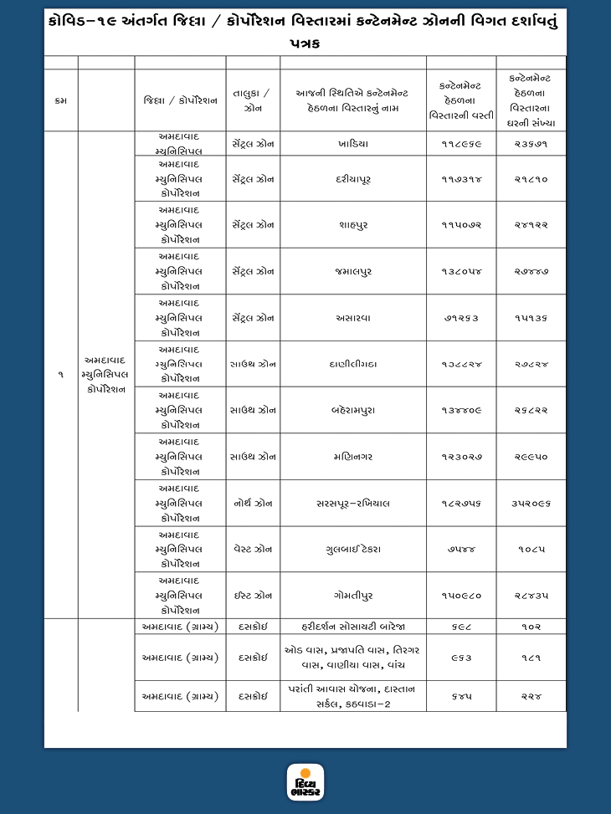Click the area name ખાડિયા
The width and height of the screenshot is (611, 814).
point(353,144)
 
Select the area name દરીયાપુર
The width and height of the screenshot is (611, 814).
point(353,179)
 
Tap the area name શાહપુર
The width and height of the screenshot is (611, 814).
point(353,225)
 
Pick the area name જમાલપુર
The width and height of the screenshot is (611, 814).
point(353,272)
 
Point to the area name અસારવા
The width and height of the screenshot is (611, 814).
point(353,318)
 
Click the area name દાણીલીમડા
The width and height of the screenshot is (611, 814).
point(353,365)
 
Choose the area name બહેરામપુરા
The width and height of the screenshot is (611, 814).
point(353,410)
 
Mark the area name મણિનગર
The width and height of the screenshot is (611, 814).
point(353,457)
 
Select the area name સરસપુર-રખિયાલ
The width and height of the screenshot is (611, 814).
point(353,504)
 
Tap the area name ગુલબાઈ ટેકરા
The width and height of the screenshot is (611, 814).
point(353,550)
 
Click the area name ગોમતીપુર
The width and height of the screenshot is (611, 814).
point(353,596)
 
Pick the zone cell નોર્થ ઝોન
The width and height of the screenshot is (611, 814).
point(253,504)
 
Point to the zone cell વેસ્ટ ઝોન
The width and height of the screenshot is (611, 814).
point(253,550)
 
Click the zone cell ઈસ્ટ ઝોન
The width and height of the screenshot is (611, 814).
point(253,596)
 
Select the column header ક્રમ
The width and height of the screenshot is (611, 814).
point(60,100)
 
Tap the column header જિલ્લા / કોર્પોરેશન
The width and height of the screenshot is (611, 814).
point(180,100)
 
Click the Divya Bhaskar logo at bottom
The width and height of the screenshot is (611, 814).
point(305,783)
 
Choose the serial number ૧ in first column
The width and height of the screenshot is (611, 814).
point(60,376)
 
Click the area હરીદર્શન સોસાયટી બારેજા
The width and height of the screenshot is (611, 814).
point(353,626)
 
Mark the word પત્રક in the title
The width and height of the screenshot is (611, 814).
point(305,43)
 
